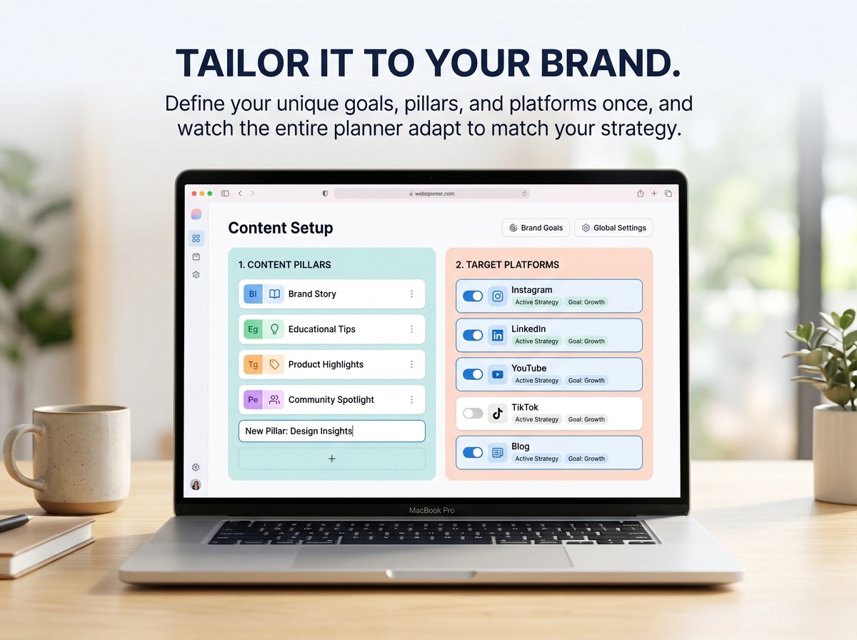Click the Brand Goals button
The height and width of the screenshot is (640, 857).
point(536,228)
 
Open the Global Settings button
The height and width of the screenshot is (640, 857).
point(613,228)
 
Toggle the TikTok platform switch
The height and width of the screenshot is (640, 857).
point(473,413)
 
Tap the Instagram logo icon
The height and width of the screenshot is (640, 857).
point(497,296)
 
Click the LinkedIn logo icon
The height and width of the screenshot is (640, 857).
point(497,336)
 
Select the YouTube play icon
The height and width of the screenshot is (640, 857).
point(497,374)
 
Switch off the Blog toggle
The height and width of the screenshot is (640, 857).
point(473,453)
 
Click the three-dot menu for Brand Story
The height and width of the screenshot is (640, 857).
point(411,294)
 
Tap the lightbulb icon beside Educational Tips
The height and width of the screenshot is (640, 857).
point(274,329)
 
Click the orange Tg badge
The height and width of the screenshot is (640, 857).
point(253,364)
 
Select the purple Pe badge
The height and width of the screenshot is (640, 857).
point(253,399)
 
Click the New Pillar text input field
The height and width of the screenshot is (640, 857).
point(332,431)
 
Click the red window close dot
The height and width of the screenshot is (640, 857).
point(194,194)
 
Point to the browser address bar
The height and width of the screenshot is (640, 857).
point(431,194)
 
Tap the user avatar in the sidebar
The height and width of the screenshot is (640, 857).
point(196,484)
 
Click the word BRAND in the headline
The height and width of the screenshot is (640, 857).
point(610,63)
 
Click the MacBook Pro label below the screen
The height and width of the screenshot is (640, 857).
point(431,511)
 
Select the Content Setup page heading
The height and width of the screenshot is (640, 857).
point(281,228)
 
